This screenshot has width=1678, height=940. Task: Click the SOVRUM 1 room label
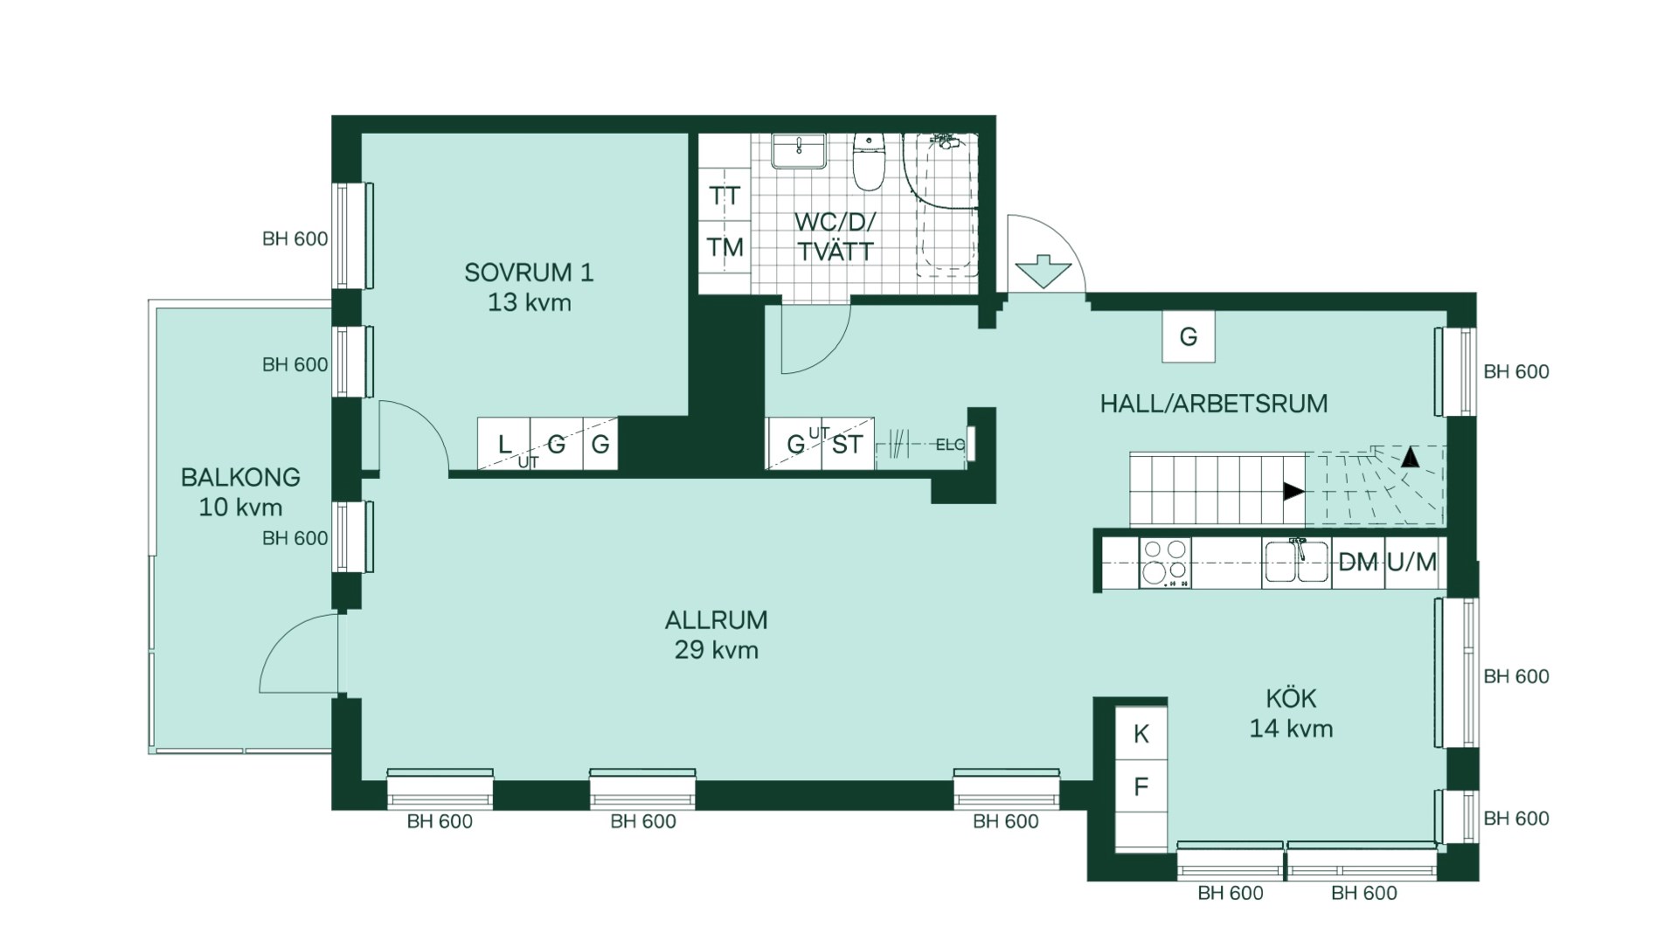click(529, 287)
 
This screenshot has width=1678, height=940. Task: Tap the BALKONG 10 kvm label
click(240, 492)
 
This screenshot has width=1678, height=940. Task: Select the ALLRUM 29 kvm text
click(716, 634)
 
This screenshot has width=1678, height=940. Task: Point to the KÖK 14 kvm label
click(1291, 713)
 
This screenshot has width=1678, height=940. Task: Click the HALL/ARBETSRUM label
click(1213, 404)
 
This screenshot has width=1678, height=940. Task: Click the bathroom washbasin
click(798, 150)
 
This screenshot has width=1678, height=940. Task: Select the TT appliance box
click(725, 196)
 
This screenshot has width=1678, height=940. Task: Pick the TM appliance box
click(725, 248)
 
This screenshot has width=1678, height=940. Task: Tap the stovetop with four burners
click(1165, 562)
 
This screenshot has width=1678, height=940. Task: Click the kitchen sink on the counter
click(1297, 562)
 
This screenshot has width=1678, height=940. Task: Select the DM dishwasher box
click(1357, 563)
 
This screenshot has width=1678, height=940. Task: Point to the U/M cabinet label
click(1411, 563)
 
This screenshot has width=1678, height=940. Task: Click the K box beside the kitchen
click(1141, 735)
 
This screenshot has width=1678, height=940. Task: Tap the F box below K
click(1141, 787)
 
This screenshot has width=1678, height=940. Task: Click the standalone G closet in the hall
click(1188, 337)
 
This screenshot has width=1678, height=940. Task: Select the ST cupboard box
click(847, 445)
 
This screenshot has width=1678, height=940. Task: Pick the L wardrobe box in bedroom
click(504, 445)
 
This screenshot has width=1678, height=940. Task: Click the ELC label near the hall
click(949, 445)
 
